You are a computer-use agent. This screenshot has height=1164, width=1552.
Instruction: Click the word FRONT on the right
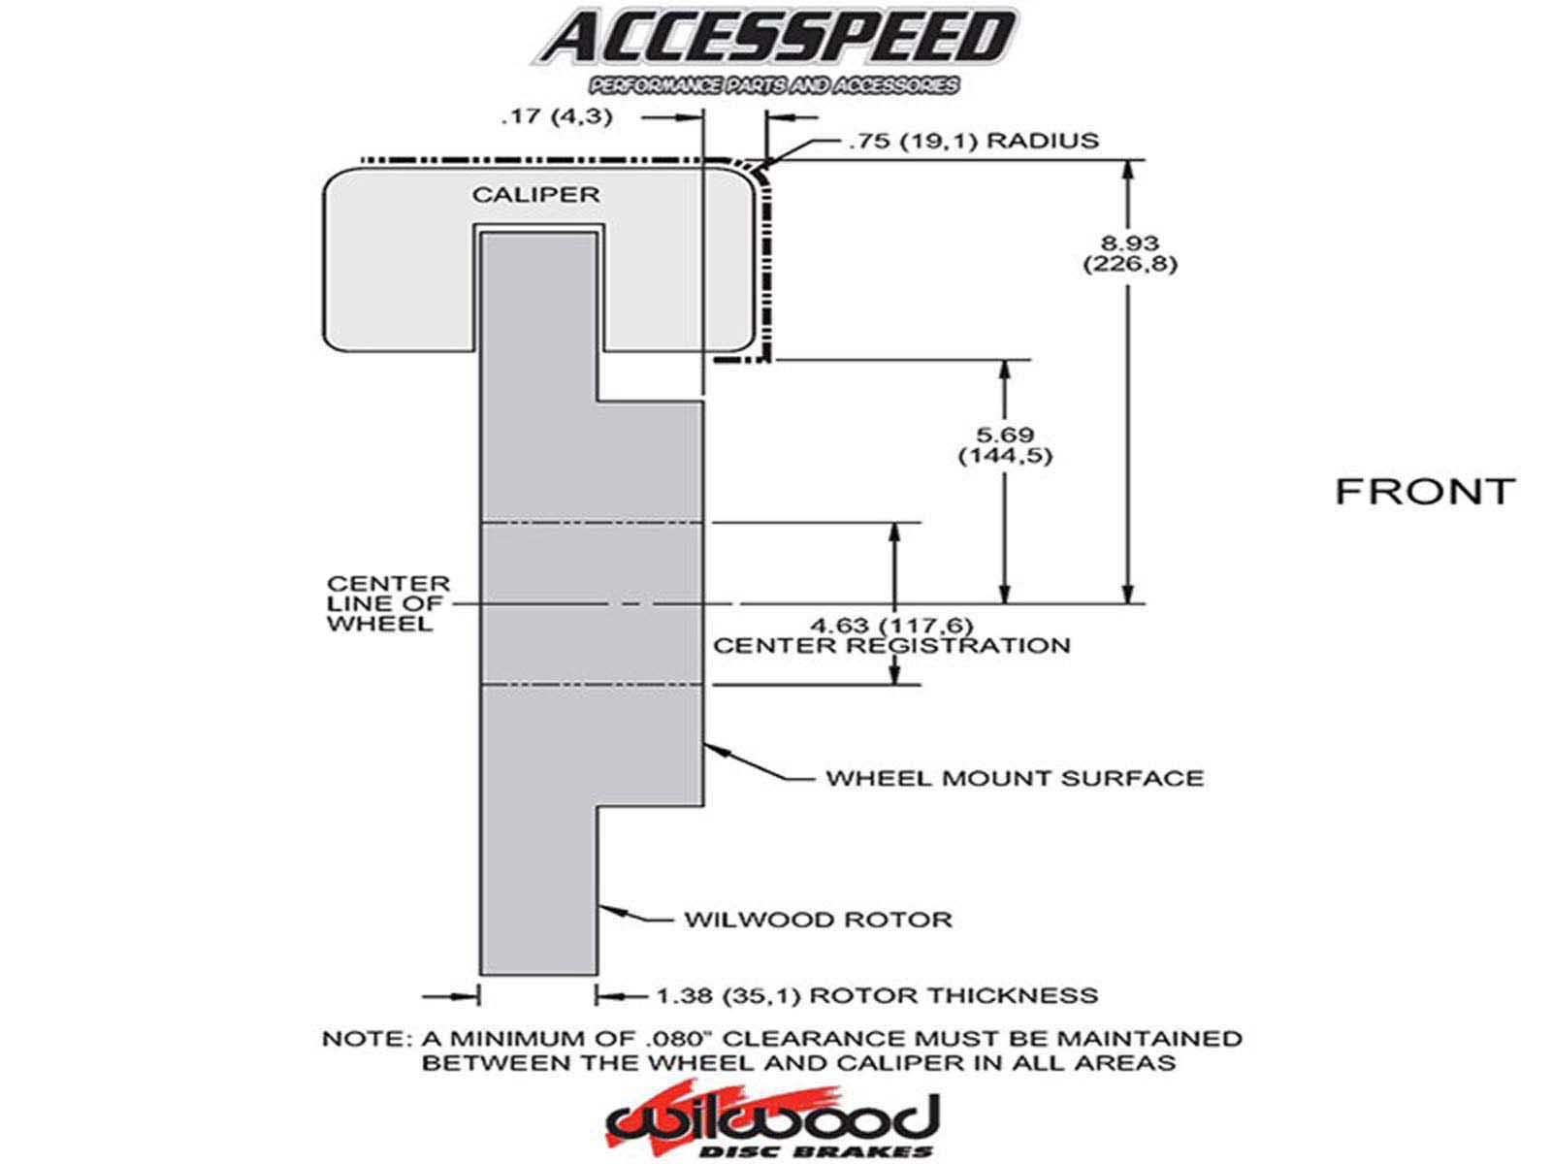[1424, 492]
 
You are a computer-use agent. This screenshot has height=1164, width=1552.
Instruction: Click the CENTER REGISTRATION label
[891, 646]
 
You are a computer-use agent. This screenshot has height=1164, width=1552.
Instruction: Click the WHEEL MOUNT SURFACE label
[1014, 778]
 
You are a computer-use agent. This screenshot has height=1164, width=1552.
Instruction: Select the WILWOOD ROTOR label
[818, 920]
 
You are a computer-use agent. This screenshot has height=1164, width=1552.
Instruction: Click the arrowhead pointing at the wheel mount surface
[711, 748]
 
